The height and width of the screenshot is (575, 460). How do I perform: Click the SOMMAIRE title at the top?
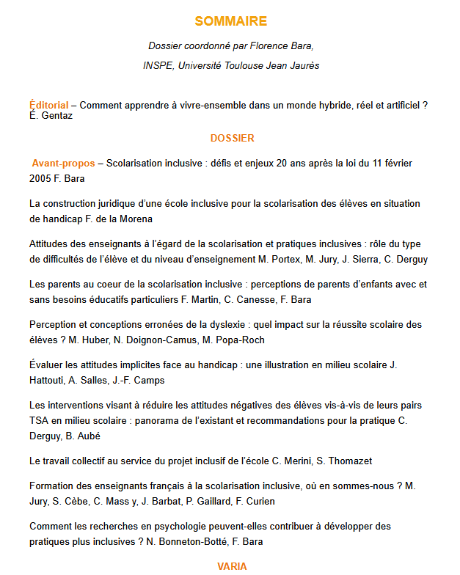tap(231, 21)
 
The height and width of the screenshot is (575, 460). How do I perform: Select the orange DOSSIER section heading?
tap(232, 138)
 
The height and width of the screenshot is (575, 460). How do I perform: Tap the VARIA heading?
tap(232, 566)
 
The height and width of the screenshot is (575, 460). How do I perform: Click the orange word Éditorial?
tap(49, 106)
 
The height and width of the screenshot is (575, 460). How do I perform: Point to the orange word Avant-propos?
tap(64, 163)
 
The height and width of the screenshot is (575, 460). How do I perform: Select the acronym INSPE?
tap(157, 65)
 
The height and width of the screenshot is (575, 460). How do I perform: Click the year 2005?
tap(41, 178)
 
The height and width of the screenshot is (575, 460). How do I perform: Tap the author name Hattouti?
tap(49, 380)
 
